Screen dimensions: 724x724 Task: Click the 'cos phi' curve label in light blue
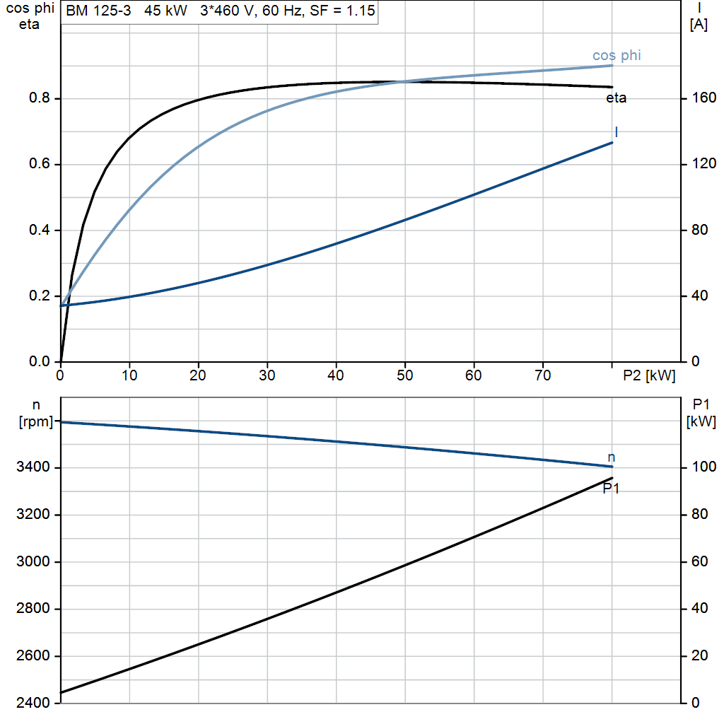tap(617, 55)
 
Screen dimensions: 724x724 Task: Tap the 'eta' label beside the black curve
tap(616, 98)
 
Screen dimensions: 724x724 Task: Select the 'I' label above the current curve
tap(617, 132)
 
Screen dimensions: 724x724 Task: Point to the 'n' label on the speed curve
tap(612, 457)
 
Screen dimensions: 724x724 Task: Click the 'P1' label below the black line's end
tap(611, 488)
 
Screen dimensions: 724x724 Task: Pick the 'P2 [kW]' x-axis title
tap(649, 375)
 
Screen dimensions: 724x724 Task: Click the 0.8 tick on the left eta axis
tap(40, 98)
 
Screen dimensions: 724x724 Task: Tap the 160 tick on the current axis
tap(704, 98)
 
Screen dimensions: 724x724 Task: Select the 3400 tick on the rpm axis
tap(33, 467)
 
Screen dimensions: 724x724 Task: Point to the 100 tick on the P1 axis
tap(704, 467)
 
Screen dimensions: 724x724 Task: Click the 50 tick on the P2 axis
tap(405, 375)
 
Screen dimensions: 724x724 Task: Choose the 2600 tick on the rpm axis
tap(33, 655)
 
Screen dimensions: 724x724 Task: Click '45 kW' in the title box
tap(165, 10)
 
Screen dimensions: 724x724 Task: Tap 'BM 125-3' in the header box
tap(98, 10)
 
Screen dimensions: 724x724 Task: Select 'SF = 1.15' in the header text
tap(342, 10)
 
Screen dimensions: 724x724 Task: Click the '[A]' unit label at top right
tap(699, 24)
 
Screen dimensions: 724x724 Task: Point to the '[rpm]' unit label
tap(35, 421)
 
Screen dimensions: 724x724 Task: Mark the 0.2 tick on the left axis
tap(40, 296)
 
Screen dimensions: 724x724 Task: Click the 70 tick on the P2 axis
tap(543, 375)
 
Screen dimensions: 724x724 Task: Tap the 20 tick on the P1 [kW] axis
tap(700, 655)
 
